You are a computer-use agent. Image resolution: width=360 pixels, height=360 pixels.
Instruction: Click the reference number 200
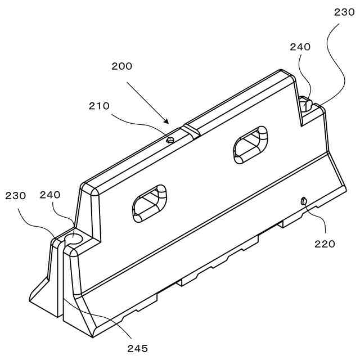[x=122, y=66]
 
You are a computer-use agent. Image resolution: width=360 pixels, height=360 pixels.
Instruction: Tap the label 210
[x=98, y=105]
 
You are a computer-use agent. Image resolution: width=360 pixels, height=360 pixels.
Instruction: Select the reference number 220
[x=325, y=244]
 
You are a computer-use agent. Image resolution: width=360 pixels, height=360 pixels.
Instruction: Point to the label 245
[x=137, y=348]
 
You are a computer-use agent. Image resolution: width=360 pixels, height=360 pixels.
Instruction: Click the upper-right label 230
[x=344, y=12]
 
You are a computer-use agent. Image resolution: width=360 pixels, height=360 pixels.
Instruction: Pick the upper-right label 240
[x=300, y=47]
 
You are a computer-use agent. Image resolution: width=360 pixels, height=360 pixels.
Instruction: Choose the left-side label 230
[x=16, y=196]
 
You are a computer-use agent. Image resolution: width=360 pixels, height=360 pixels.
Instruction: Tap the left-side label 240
[x=50, y=195]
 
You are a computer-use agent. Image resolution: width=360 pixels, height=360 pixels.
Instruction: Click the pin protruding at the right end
[x=305, y=104]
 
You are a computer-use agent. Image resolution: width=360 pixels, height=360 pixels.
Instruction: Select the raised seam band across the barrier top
[x=190, y=130]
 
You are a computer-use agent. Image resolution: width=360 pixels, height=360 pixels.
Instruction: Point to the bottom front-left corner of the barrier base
[x=92, y=336]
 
